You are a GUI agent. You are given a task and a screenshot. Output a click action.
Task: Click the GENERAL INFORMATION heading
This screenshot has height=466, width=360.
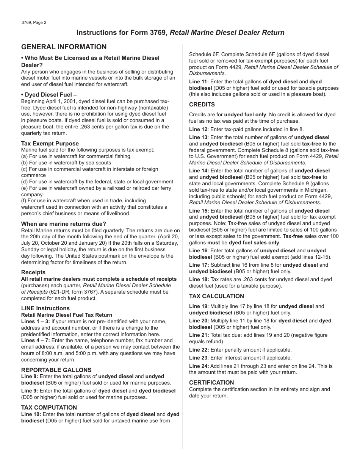[64, 47]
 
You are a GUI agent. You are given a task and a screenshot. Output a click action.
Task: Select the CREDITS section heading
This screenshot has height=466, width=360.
[202, 105]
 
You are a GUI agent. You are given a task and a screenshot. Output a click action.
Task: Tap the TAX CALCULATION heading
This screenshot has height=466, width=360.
[216, 296]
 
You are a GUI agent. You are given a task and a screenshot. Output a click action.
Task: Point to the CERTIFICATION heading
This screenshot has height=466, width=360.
[211, 383]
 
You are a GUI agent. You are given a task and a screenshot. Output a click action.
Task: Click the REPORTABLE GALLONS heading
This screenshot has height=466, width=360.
[56, 370]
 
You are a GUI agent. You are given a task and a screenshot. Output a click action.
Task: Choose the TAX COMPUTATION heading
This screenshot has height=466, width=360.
[49, 408]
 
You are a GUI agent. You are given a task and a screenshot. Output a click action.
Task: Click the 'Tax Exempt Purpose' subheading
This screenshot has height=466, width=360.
[50, 144]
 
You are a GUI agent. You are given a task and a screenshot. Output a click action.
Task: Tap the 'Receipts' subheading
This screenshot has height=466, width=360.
[33, 272]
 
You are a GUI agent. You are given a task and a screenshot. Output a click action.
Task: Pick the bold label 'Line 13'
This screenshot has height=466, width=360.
[198, 138]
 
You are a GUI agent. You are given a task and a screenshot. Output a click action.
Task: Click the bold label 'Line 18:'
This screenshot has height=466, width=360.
[199, 280]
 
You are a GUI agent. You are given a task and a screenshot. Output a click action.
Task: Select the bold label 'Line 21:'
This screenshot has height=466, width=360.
[199, 335]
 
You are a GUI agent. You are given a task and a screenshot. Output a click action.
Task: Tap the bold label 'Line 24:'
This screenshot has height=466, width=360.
[199, 366]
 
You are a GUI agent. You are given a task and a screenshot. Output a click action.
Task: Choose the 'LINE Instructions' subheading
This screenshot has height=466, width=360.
[45, 308]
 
